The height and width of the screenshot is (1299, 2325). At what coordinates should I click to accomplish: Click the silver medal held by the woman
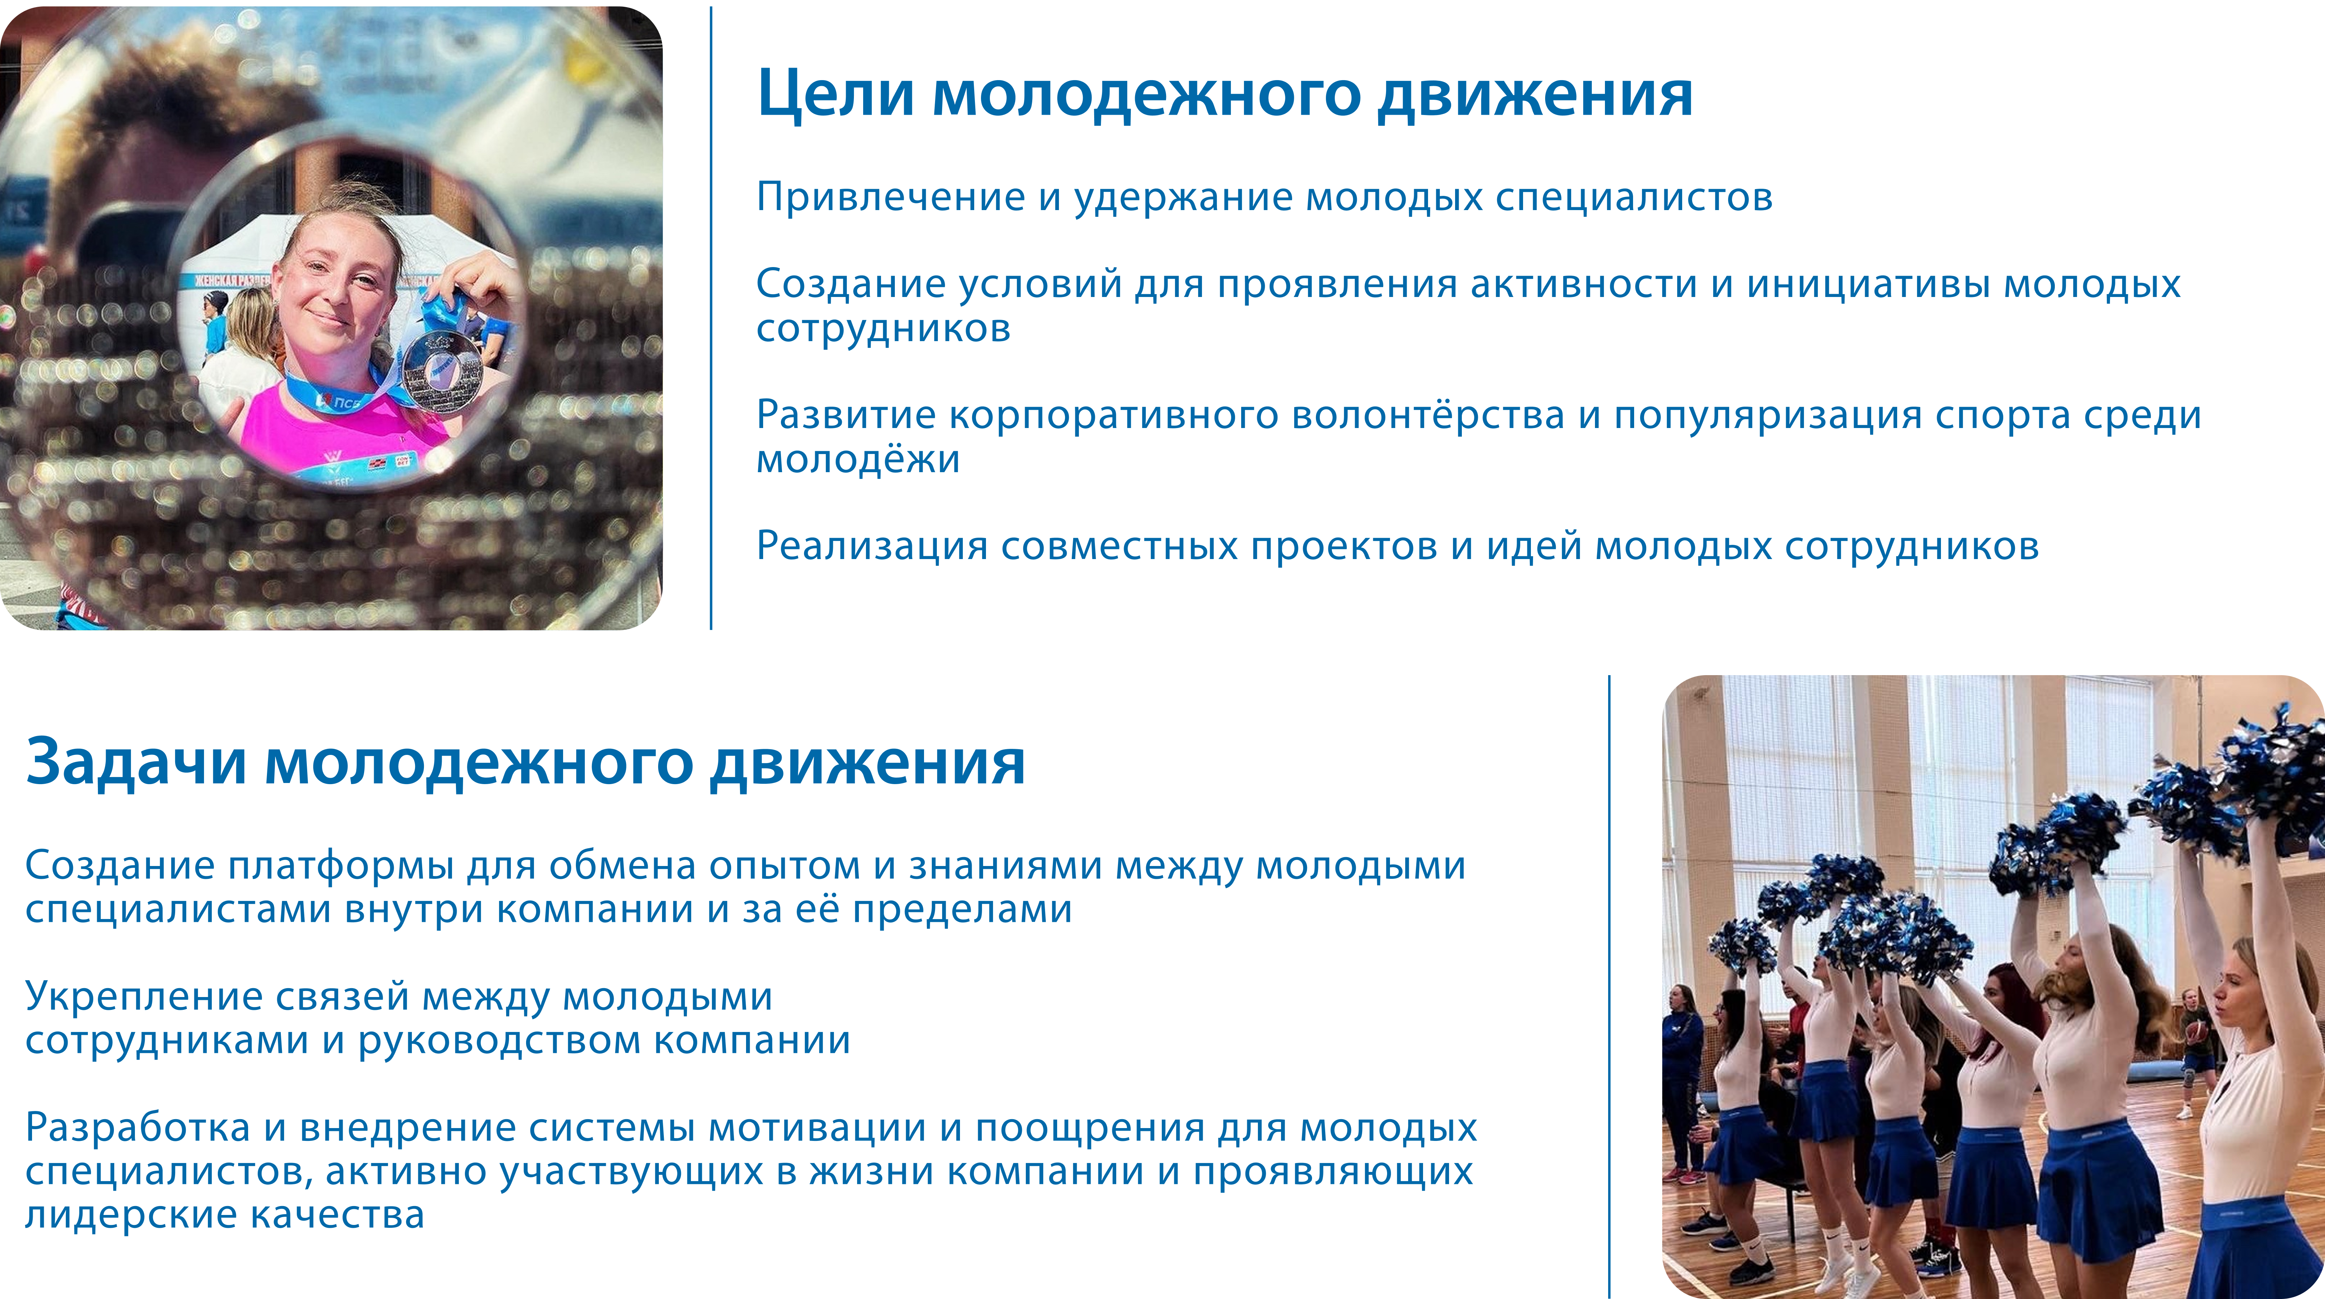(x=442, y=372)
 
